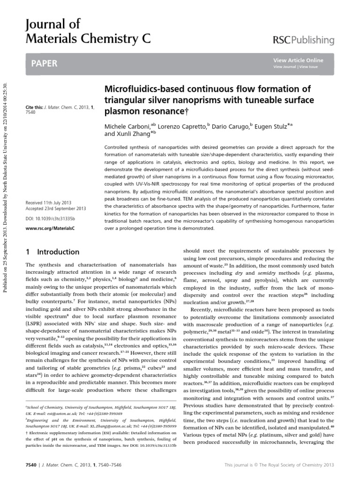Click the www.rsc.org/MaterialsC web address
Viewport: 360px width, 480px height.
(x=47, y=228)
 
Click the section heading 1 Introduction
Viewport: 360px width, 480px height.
(x=51, y=251)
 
